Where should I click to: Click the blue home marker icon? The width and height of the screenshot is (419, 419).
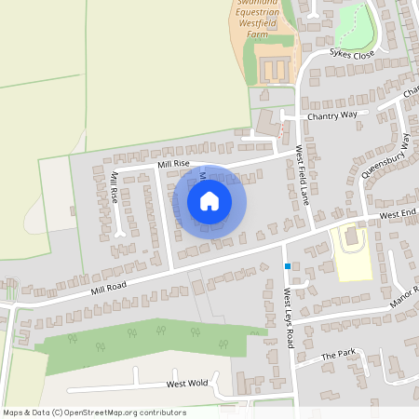[209, 200]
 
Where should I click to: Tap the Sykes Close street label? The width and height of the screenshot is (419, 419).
[351, 55]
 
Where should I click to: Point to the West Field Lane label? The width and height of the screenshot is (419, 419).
[303, 174]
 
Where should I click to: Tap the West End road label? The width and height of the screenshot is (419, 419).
[399, 215]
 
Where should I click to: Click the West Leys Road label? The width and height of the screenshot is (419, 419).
[289, 313]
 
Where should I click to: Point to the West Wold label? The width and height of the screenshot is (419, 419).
[186, 383]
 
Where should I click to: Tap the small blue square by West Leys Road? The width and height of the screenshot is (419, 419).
[288, 266]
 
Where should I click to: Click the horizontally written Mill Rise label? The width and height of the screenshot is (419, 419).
[173, 164]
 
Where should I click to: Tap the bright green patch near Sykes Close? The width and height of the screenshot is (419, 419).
[351, 23]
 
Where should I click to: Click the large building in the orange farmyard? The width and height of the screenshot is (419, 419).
[272, 69]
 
